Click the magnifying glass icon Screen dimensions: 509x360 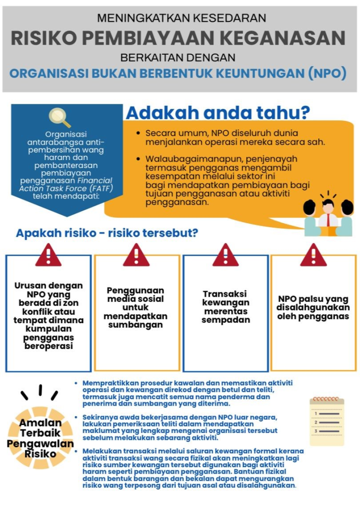point(60,117)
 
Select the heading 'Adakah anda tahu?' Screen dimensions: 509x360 point(218,113)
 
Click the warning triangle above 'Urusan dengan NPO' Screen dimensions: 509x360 point(48,255)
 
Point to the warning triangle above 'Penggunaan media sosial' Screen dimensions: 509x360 point(136,255)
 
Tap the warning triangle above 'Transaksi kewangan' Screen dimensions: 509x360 point(225,255)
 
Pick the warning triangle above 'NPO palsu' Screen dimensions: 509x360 point(313,255)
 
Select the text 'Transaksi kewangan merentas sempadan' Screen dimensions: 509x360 point(225,307)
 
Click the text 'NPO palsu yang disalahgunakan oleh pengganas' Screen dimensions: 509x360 point(313,307)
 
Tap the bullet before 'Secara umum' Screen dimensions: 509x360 point(137,134)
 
